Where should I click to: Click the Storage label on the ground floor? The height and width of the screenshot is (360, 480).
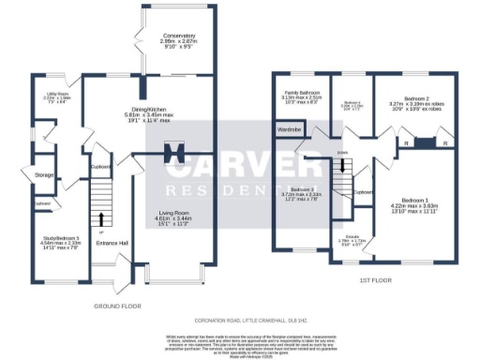click(44, 174)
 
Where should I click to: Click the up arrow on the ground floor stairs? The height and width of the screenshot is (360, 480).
click(101, 219)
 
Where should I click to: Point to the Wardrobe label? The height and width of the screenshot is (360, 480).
click(288, 128)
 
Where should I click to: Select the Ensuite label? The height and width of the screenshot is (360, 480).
click(349, 239)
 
